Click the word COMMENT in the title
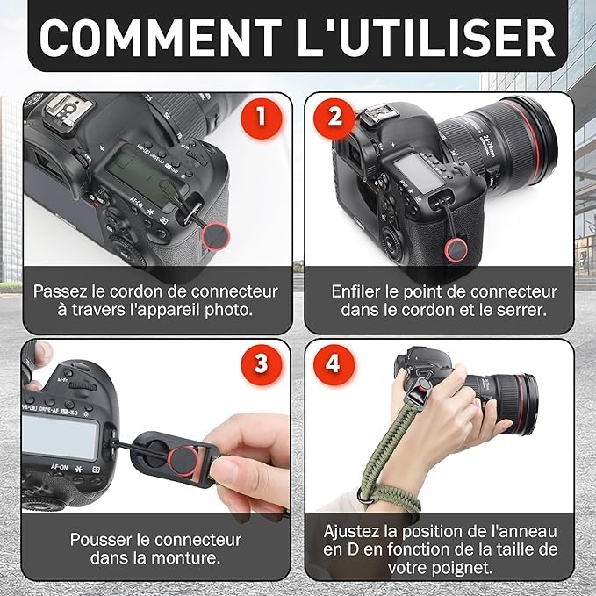click(x=161, y=38)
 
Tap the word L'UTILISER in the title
click(x=427, y=37)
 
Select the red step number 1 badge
click(x=261, y=117)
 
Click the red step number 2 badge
click(x=334, y=117)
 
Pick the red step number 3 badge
click(x=261, y=363)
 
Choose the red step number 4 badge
click(x=334, y=363)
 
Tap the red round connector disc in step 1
click(x=216, y=236)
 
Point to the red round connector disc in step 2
click(x=456, y=250)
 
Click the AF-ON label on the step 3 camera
click(x=59, y=467)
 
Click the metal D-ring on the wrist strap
click(x=363, y=498)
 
